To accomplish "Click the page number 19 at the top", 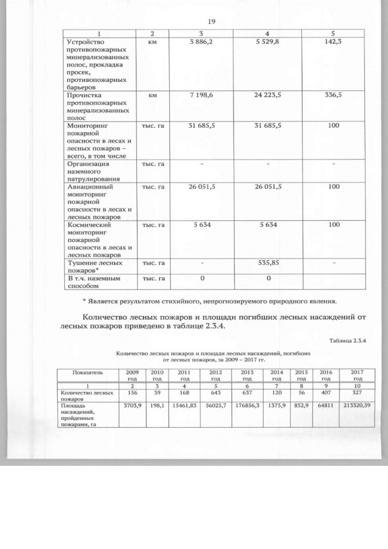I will (212, 21).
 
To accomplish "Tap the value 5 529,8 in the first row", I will (268, 42).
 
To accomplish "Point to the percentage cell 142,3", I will (333, 42).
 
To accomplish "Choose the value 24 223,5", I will (268, 95).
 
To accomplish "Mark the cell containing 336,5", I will (333, 95).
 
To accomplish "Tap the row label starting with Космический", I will (96, 240).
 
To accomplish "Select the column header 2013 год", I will (247, 374).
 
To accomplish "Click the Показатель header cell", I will (88, 371).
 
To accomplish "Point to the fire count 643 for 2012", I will (215, 393).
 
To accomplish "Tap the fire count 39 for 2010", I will (157, 393).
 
